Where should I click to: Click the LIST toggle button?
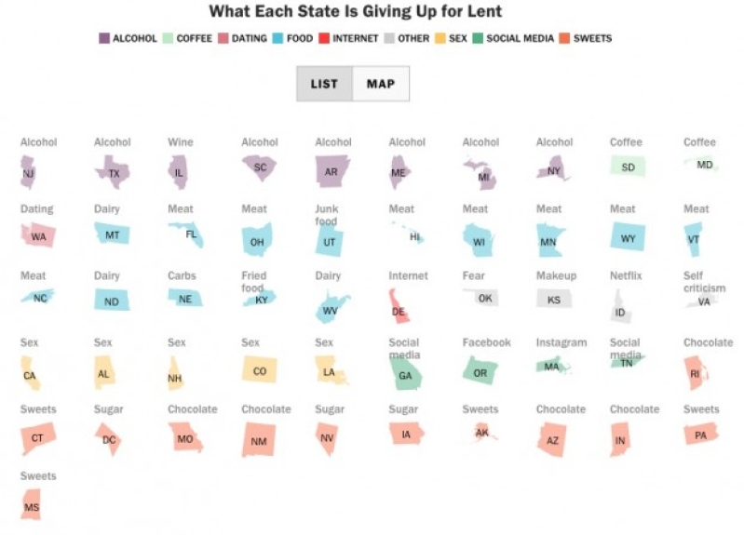coord(324,84)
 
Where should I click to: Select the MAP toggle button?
coord(381,84)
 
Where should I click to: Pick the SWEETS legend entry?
coord(586,38)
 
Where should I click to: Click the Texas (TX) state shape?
coord(113,172)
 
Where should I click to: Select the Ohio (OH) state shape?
coord(256,240)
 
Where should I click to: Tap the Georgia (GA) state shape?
coord(404,373)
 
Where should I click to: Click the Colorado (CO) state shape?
coord(259,370)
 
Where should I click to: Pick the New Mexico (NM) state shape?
coord(258,439)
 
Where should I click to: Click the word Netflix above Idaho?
coord(626,276)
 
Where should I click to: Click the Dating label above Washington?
coord(37,209)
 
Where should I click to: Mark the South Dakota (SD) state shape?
coord(627,167)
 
